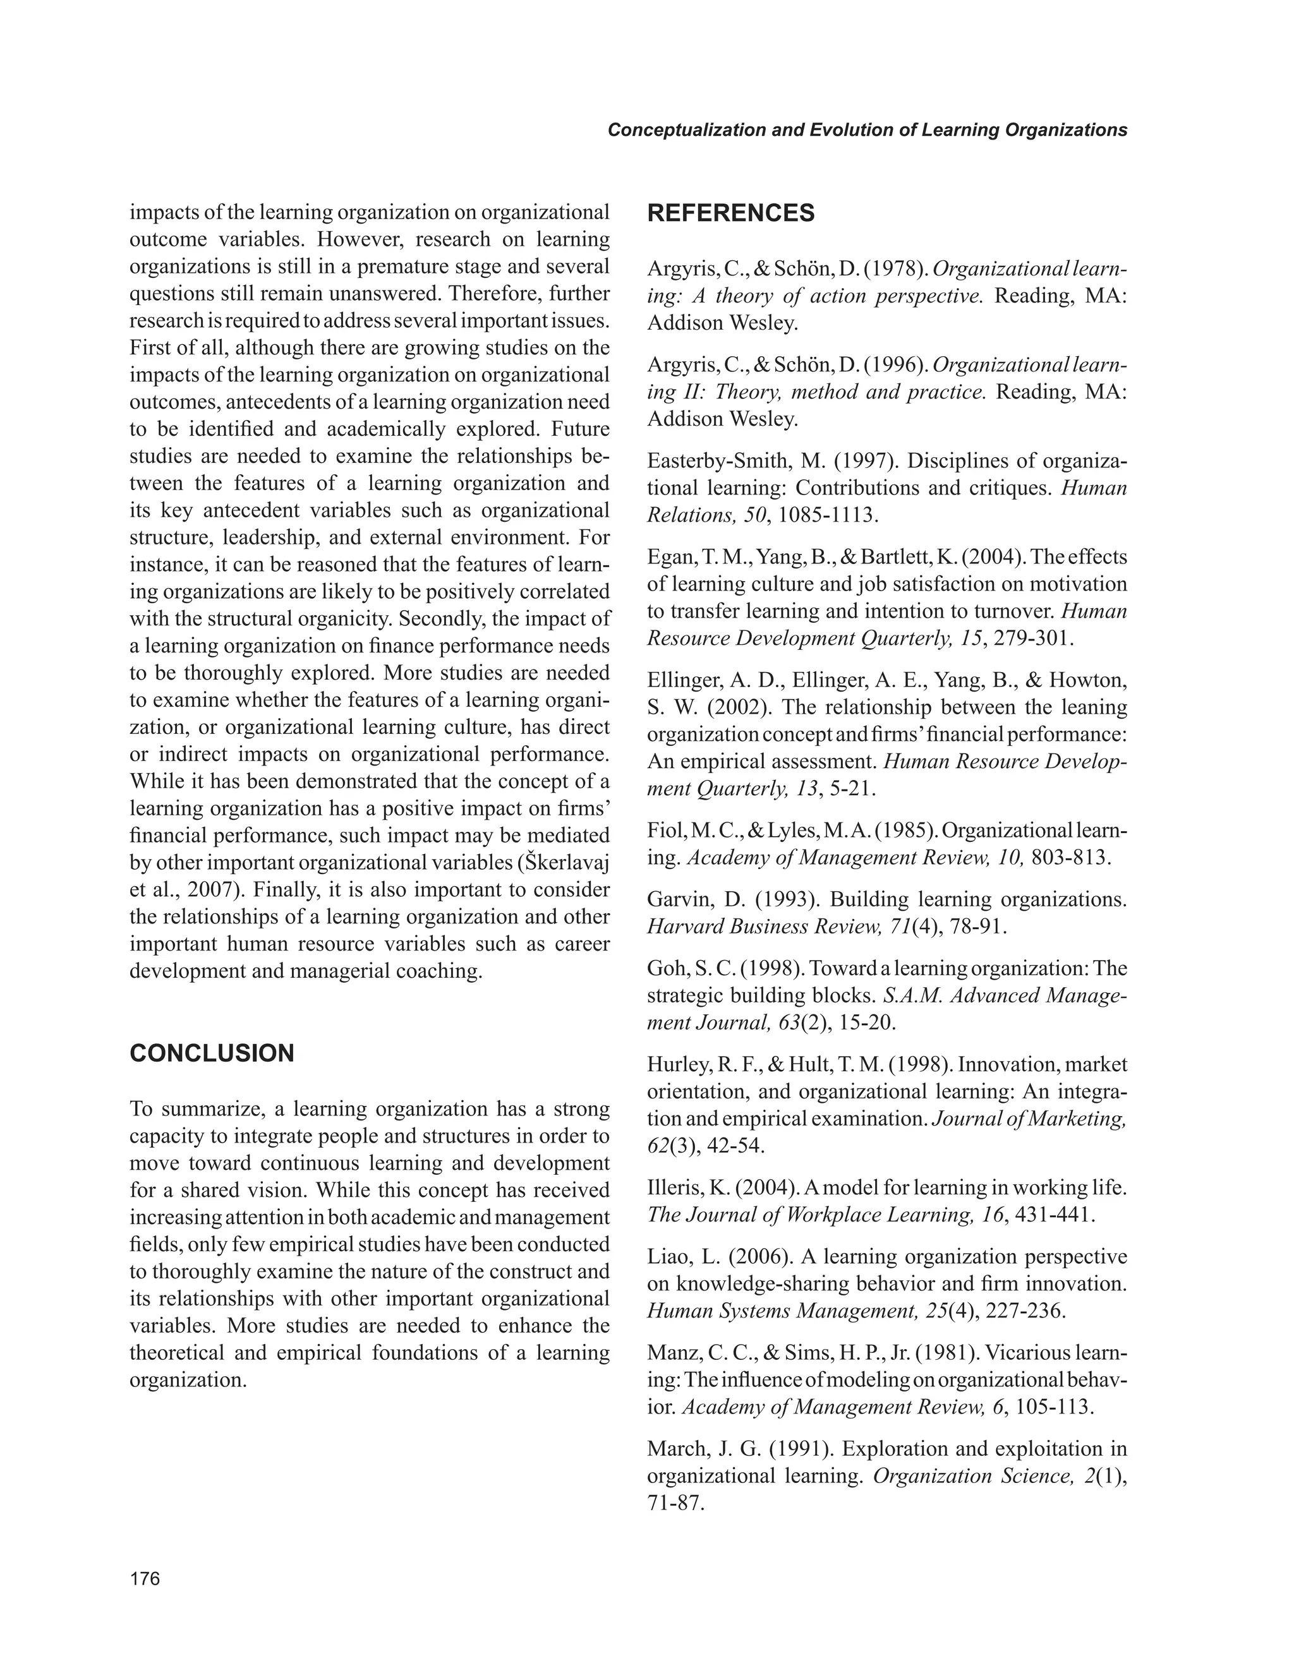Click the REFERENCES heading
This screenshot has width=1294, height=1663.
730,213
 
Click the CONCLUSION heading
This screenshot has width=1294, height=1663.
212,1053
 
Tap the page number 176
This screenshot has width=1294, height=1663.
145,1578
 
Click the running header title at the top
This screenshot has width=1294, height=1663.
867,130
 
